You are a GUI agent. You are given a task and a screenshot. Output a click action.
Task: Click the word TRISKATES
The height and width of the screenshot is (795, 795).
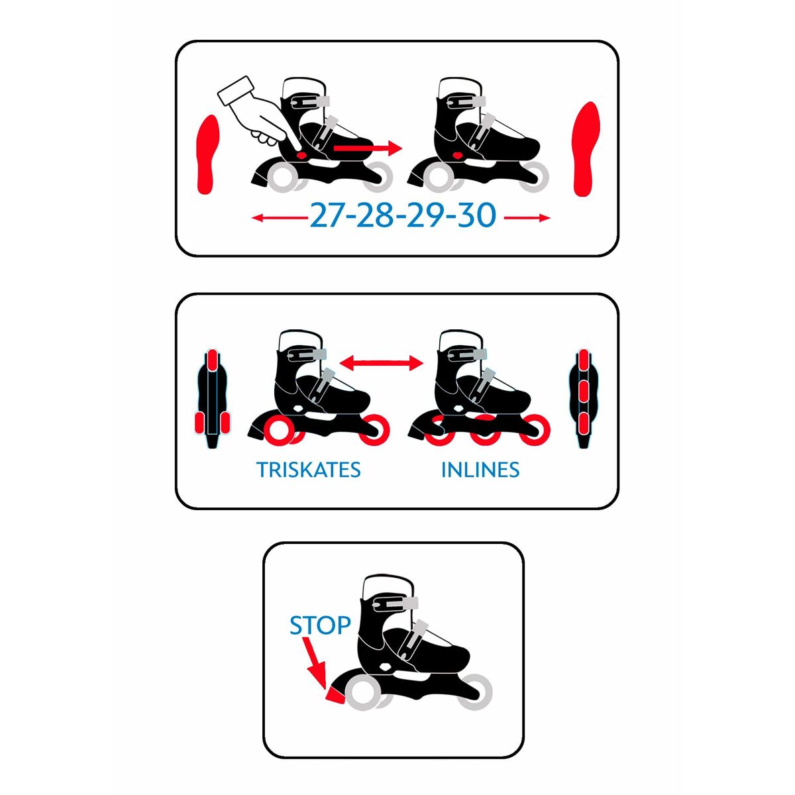pos(309,470)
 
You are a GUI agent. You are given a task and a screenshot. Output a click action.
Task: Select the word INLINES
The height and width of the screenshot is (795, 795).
pos(480,470)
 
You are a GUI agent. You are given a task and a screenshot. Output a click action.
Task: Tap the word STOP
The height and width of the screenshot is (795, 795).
pos(320,626)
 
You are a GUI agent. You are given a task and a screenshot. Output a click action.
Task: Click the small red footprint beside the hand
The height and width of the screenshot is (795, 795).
pos(208,154)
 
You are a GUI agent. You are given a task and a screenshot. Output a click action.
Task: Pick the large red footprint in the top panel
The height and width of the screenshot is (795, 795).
pos(586,149)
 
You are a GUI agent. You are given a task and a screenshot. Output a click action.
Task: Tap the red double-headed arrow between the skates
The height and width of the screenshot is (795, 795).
pos(381,363)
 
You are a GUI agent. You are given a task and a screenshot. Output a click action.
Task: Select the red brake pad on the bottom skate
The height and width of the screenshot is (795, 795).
pos(337,695)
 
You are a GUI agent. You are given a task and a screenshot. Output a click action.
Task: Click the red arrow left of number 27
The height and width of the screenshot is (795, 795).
pos(280,217)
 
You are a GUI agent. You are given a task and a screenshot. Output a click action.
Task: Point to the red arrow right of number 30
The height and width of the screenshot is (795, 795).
pos(527,217)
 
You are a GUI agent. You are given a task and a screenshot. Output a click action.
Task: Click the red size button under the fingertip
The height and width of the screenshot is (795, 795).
pos(302,155)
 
